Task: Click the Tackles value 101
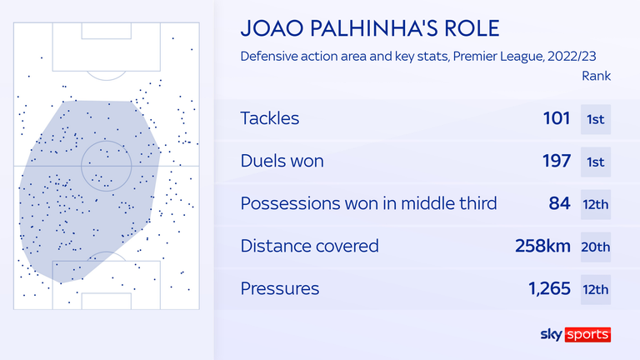tap(557, 118)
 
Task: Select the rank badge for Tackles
tap(596, 120)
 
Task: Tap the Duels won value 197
tap(557, 161)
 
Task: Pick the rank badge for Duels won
tap(596, 162)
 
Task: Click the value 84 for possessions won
tap(559, 203)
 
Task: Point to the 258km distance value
tap(542, 246)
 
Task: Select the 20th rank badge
tap(596, 247)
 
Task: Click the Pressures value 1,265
tap(549, 288)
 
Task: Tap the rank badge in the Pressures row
tap(596, 290)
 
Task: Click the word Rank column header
tap(596, 76)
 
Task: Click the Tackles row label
tap(270, 118)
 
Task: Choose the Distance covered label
tap(309, 246)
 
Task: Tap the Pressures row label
tap(280, 288)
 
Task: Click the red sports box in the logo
tap(587, 334)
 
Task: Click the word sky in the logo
tap(552, 335)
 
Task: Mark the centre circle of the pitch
tap(106, 141)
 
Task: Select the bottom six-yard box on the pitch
tap(106, 293)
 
